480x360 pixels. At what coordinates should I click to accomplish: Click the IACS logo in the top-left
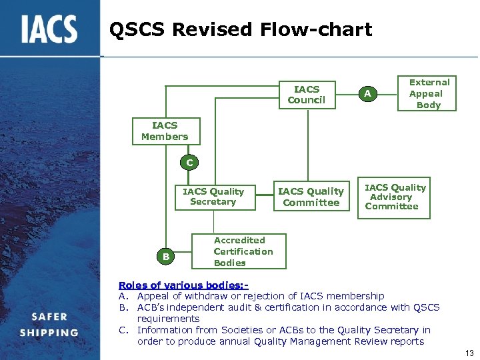[49, 29]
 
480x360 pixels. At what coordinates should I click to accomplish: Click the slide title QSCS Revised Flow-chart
[240, 29]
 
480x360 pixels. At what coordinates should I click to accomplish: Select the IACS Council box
[307, 95]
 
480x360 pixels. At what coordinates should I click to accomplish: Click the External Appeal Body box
[429, 93]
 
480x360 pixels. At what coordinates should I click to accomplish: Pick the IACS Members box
[165, 131]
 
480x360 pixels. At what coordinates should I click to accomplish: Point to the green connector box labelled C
[189, 163]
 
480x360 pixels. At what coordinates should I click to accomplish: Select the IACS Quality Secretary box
[213, 197]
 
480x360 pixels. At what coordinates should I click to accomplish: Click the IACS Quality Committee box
[311, 197]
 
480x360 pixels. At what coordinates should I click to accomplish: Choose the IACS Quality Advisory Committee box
[395, 197]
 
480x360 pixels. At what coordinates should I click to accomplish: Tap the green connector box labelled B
[166, 256]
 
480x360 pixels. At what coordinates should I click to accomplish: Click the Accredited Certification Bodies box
[242, 251]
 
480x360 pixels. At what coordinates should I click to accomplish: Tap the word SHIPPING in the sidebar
[49, 333]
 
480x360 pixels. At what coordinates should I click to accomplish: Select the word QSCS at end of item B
[426, 307]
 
